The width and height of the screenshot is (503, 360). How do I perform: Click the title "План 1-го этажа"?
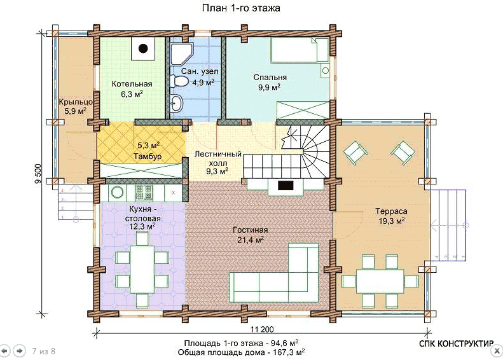pyautogui.click(x=241, y=8)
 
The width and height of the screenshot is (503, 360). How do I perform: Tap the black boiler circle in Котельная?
pyautogui.click(x=143, y=48)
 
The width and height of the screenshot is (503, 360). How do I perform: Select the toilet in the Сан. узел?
pyautogui.click(x=179, y=81)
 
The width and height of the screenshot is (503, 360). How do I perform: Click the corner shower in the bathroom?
pyautogui.click(x=181, y=54)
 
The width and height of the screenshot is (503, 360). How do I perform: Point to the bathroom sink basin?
pyautogui.click(x=176, y=103)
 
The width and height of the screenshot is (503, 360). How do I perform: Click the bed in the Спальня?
pyautogui.click(x=300, y=50)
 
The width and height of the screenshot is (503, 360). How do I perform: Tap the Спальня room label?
pyautogui.click(x=270, y=78)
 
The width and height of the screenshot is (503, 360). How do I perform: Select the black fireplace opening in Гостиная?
pyautogui.click(x=285, y=186)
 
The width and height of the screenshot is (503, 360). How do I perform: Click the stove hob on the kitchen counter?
pyautogui.click(x=144, y=193)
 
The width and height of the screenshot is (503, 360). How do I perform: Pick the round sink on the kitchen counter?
pyautogui.click(x=118, y=193)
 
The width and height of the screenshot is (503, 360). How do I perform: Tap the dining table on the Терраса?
pyautogui.click(x=380, y=281)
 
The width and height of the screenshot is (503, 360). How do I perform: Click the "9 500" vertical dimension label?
pyautogui.click(x=38, y=174)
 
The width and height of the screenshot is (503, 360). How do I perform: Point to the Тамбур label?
pyautogui.click(x=148, y=156)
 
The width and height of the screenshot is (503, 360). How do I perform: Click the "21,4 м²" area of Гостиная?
pyautogui.click(x=250, y=240)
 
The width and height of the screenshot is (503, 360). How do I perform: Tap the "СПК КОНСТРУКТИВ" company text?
pyautogui.click(x=456, y=343)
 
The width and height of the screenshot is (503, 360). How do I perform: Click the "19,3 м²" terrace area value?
pyautogui.click(x=391, y=221)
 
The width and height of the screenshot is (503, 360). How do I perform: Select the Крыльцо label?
pyautogui.click(x=76, y=102)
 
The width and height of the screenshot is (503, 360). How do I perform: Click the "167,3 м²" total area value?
pyautogui.click(x=286, y=352)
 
